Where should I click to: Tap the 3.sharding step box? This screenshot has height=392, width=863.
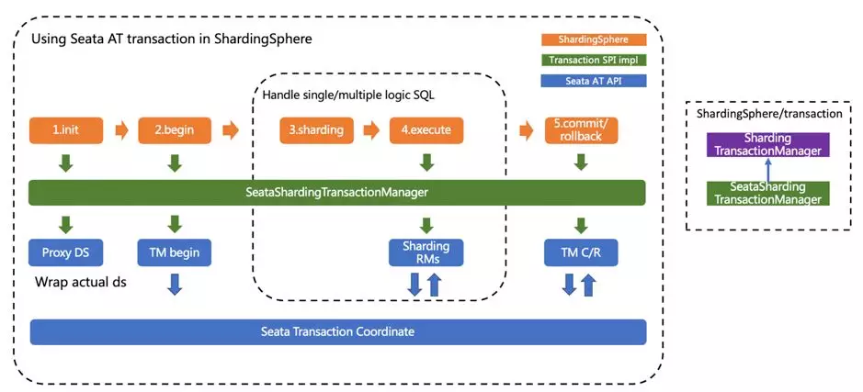316,130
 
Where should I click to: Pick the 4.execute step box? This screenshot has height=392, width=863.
426,130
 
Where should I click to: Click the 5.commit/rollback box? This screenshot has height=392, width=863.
581,130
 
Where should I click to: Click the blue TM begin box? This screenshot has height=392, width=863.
175,252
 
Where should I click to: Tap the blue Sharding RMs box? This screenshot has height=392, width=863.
426,252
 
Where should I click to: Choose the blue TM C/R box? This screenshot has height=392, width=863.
581,252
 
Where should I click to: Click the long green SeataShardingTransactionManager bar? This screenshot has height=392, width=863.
337,193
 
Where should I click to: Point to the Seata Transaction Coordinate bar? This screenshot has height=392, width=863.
337,331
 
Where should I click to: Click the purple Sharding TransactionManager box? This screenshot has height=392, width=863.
767,144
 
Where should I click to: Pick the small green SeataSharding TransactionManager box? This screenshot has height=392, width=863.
767,193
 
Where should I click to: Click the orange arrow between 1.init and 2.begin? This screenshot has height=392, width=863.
120,130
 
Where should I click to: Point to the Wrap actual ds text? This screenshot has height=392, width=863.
79,282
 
